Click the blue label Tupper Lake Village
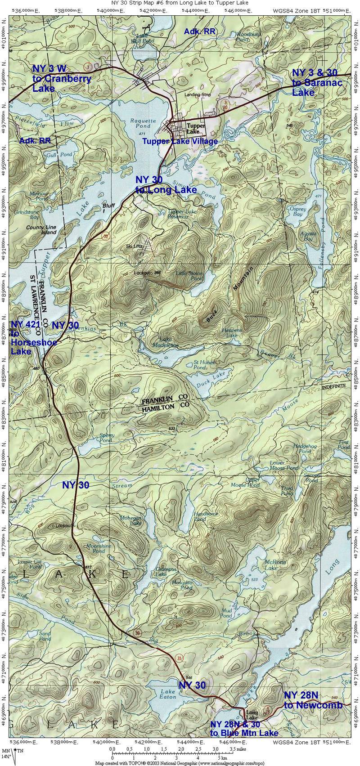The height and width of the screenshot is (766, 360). pyautogui.click(x=180, y=141)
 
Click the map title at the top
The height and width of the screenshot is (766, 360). pyautogui.click(x=180, y=3)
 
